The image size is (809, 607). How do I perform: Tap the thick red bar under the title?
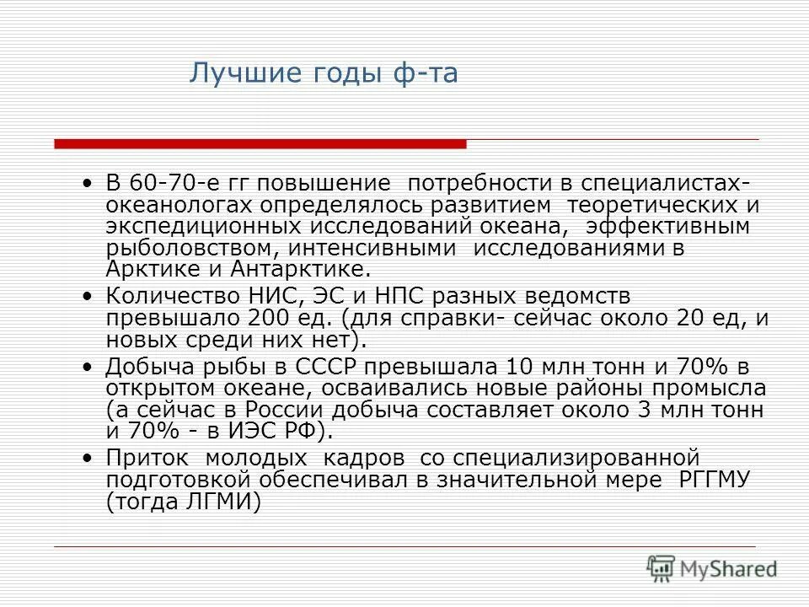pyautogui.click(x=260, y=144)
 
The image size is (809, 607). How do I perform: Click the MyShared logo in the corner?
pyautogui.click(x=713, y=567)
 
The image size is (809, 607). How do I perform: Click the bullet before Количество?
pyautogui.click(x=90, y=296)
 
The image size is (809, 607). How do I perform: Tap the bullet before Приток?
pyautogui.click(x=90, y=458)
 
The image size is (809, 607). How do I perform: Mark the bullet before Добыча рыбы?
pyautogui.click(x=90, y=367)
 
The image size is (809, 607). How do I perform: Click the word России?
pyautogui.click(x=286, y=410)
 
